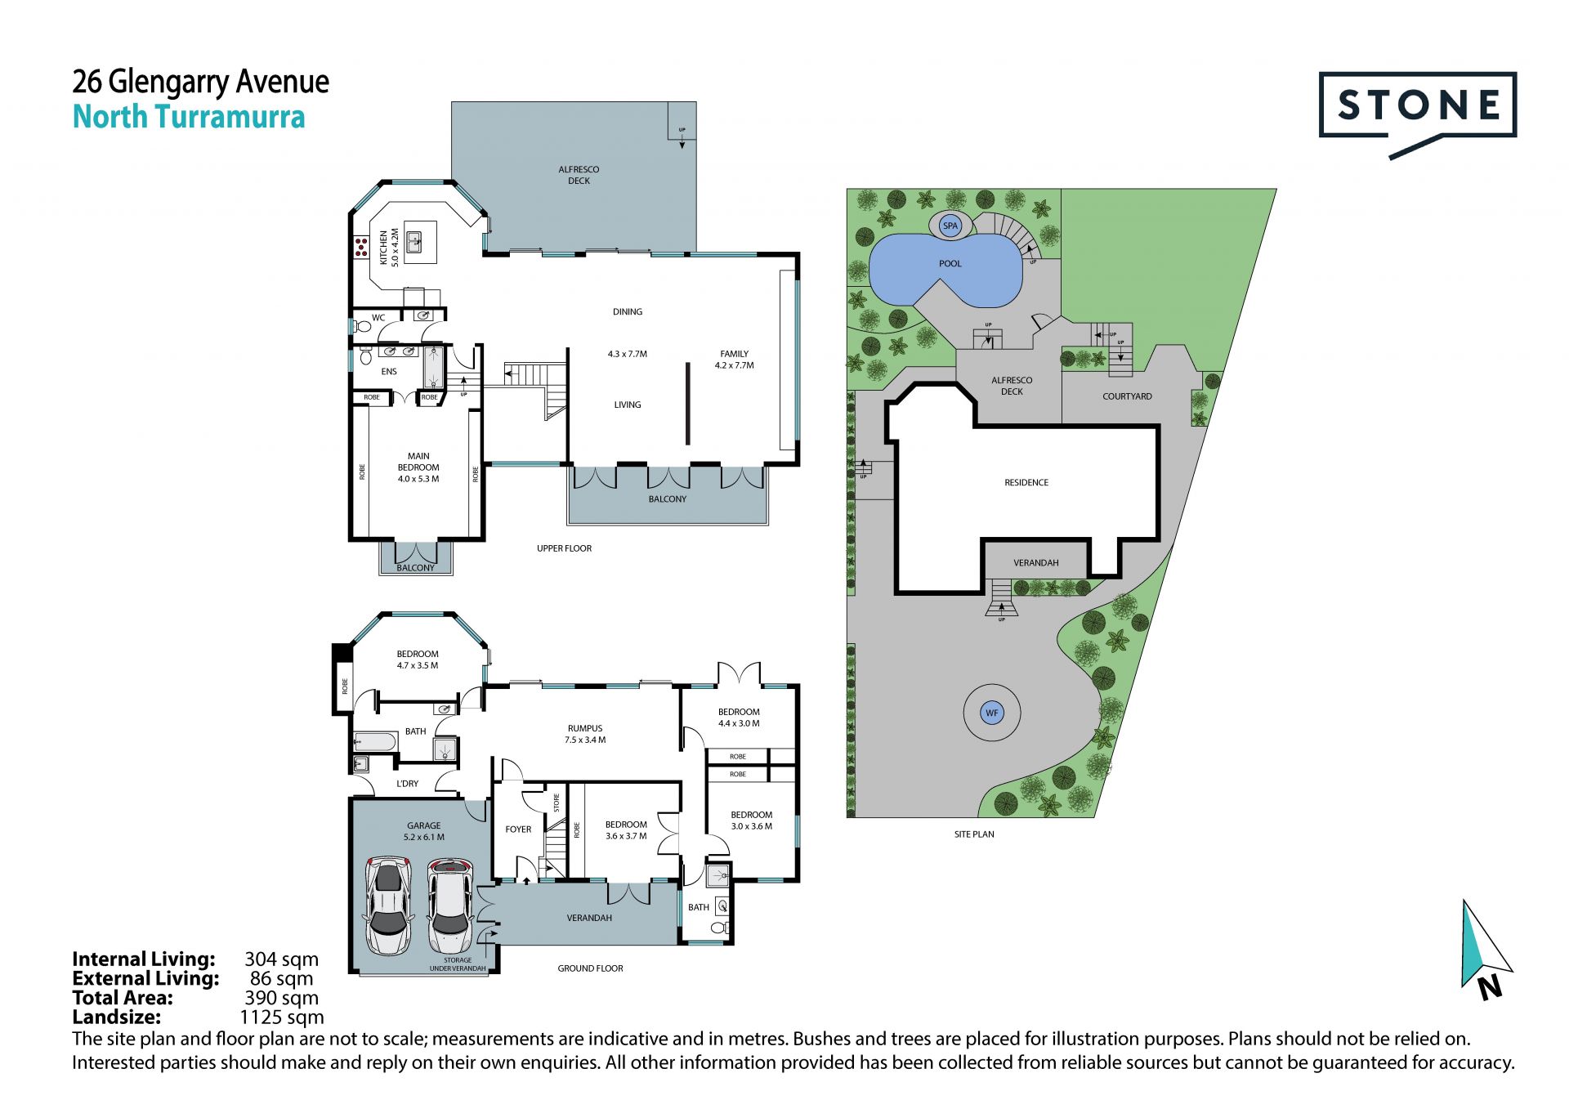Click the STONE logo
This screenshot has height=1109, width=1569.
point(1418,114)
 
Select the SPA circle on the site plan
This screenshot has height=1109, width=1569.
point(950,226)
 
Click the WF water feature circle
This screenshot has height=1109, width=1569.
point(992,713)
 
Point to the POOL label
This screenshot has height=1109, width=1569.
point(950,264)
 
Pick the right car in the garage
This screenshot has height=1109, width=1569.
point(449,906)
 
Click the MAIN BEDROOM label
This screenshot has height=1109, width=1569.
point(418,467)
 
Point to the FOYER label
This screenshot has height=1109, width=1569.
point(518,830)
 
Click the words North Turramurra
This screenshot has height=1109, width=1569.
point(189,118)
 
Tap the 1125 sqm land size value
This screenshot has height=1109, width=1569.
point(282,1017)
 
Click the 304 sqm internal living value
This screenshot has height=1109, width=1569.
point(282,959)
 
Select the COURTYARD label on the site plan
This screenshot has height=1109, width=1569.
point(1127,396)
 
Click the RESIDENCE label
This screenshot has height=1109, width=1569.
point(1026,483)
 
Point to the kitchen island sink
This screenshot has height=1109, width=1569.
point(414,242)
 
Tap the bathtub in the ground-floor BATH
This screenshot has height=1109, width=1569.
point(375,742)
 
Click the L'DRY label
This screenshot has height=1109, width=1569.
point(407,784)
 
